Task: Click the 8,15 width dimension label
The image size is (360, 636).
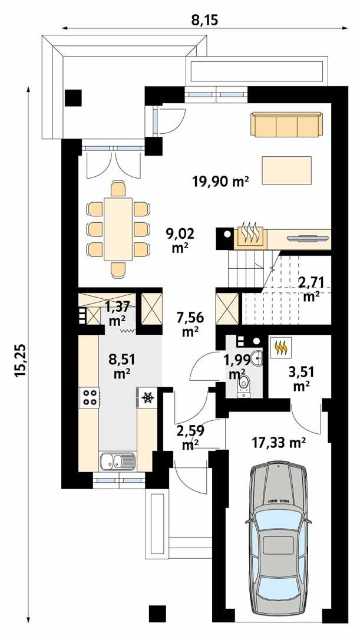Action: (205, 21)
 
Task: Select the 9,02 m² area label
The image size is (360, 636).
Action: (180, 240)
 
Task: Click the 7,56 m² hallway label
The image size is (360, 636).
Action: (190, 325)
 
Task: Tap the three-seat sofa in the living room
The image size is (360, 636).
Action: (287, 125)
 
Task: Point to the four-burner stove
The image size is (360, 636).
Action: (90, 397)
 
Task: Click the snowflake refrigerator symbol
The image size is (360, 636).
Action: (147, 398)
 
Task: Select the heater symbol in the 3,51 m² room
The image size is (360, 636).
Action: (280, 348)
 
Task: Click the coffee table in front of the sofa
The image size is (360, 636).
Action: (287, 170)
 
